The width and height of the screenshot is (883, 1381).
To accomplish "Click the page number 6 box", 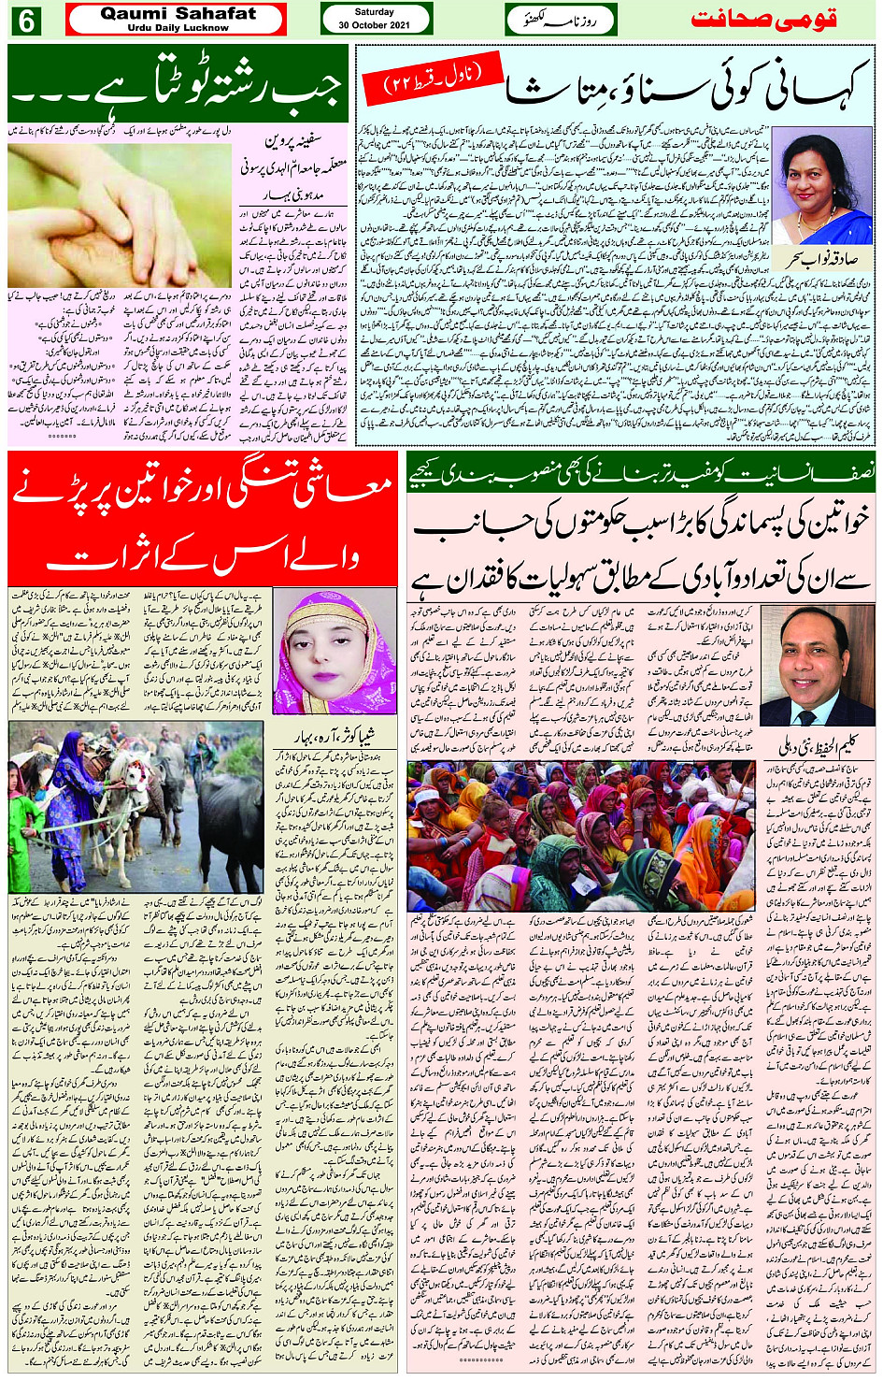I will (x=24, y=20).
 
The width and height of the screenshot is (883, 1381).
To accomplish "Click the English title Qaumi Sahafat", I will (x=178, y=14).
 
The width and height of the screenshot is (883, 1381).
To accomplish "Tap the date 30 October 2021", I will (x=375, y=25).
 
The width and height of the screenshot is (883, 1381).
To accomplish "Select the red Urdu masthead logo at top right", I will (x=762, y=20).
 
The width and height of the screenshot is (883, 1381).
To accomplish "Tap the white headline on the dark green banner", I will (x=178, y=86).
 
